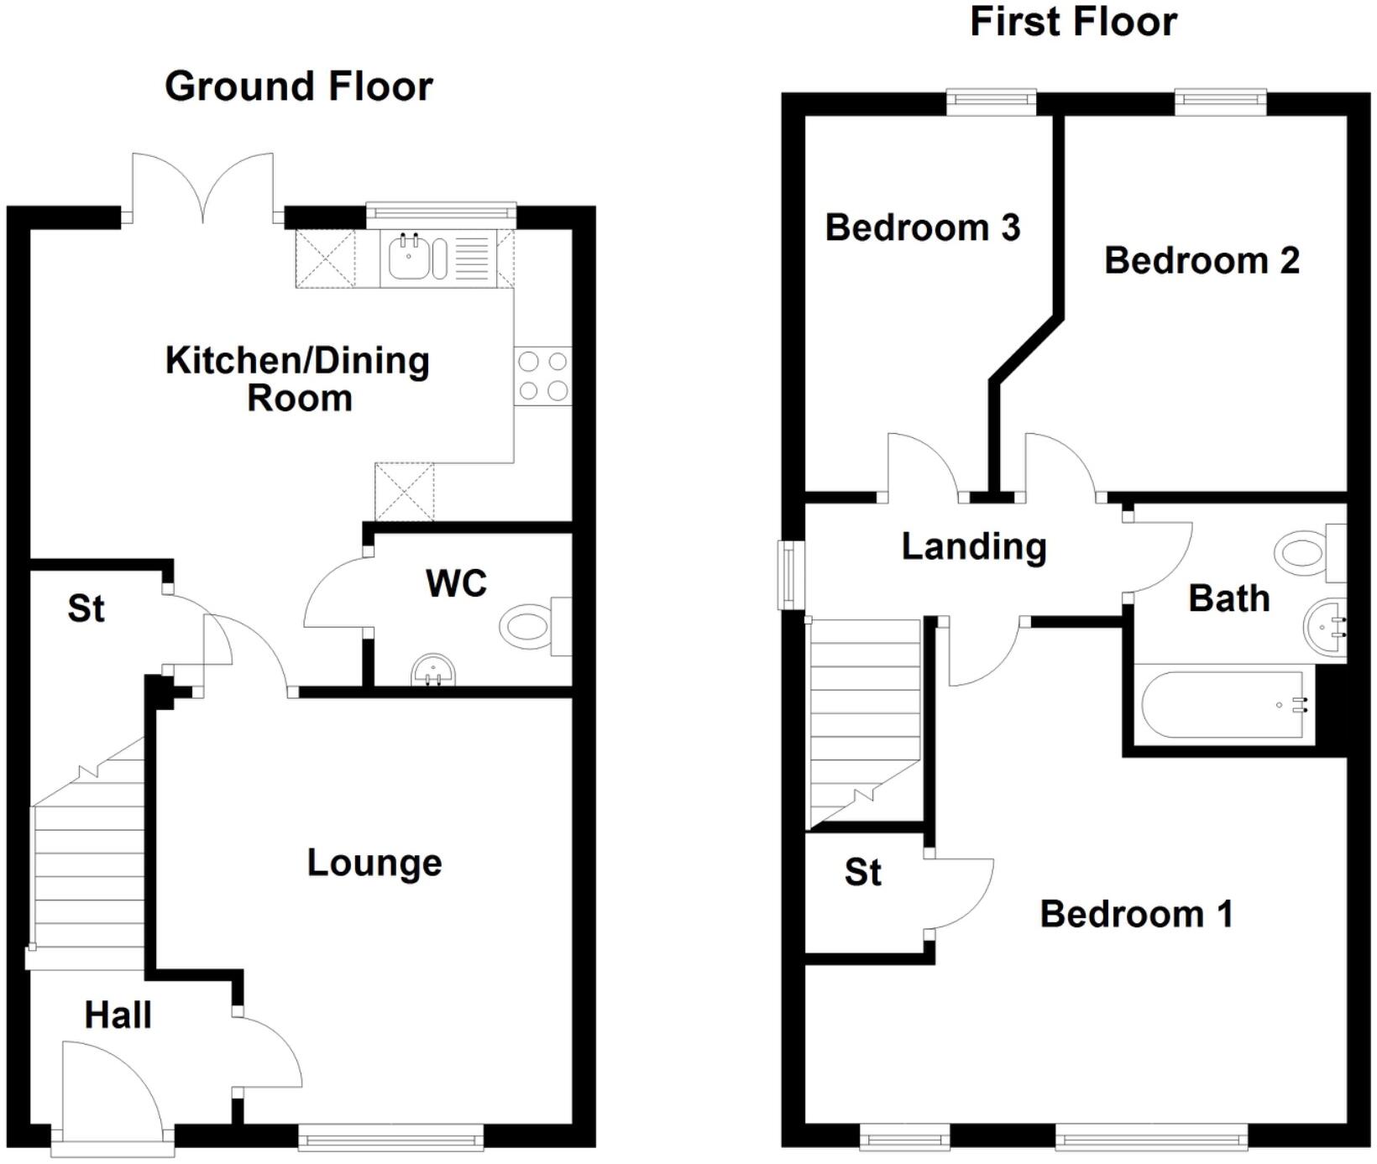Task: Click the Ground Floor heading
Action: tap(298, 86)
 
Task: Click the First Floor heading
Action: tap(1073, 22)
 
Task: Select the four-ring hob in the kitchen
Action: tap(542, 376)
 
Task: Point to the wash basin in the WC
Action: tap(433, 671)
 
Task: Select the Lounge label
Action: tap(374, 863)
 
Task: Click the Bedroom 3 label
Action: tap(922, 227)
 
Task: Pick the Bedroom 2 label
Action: tap(1202, 260)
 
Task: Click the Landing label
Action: tap(974, 546)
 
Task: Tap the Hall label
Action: tap(118, 1015)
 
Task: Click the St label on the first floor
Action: tap(862, 873)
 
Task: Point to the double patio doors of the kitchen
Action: tap(202, 189)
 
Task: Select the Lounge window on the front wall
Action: tap(391, 1140)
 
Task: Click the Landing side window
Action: tap(789, 575)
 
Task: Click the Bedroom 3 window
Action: tap(992, 102)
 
